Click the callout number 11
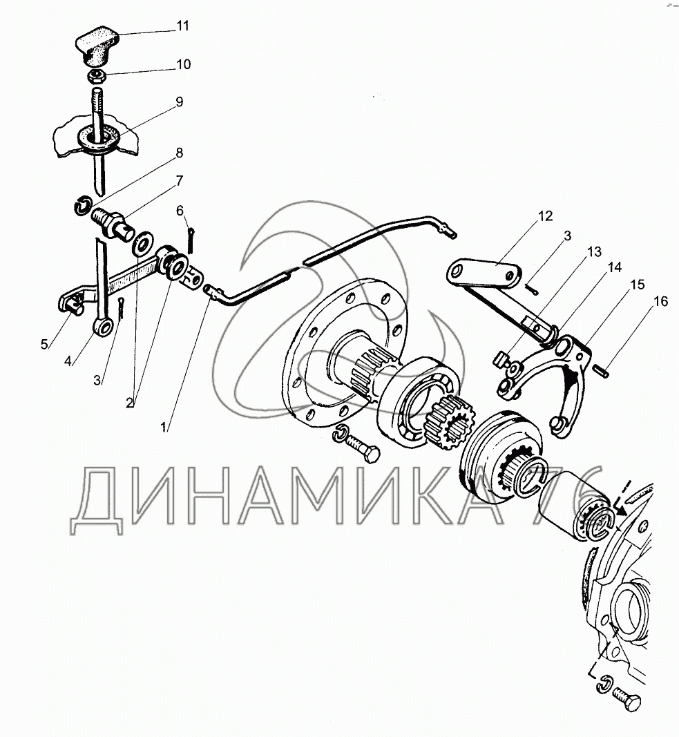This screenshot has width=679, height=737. click(x=182, y=26)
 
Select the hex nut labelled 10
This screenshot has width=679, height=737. click(x=97, y=77)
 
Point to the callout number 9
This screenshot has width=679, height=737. click(x=179, y=102)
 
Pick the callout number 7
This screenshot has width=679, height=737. click(x=179, y=181)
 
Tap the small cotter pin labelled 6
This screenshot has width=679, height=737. click(x=192, y=240)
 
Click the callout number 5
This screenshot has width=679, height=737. click(x=44, y=345)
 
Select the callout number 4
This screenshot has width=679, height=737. click(x=68, y=361)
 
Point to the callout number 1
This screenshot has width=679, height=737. click(x=164, y=428)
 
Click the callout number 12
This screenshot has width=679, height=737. click(x=545, y=216)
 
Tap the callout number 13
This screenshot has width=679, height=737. click(x=595, y=252)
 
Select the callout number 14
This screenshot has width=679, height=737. click(x=615, y=267)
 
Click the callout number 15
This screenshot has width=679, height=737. click(x=637, y=285)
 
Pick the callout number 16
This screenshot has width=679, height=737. click(x=660, y=301)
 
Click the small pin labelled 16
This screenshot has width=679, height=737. click(x=602, y=370)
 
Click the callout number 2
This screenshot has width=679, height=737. click(x=130, y=403)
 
